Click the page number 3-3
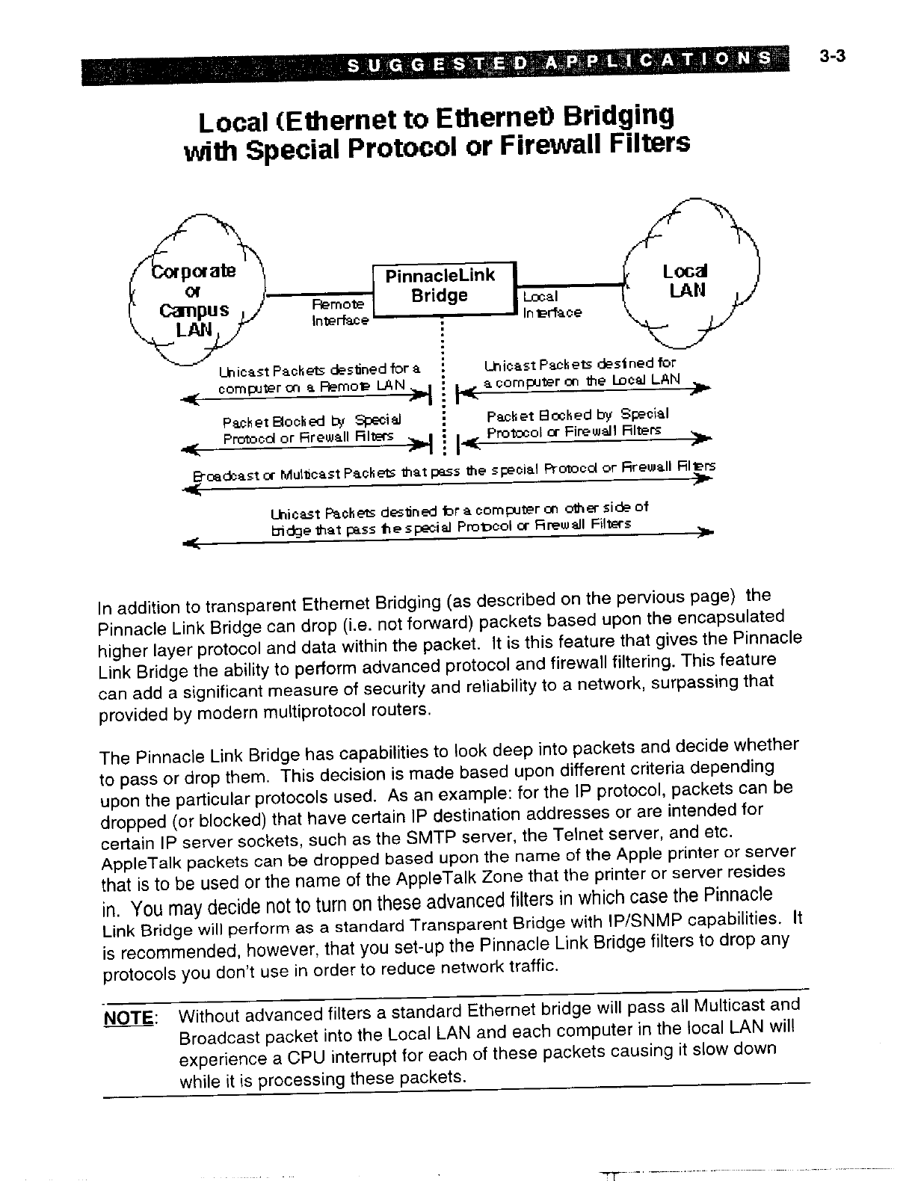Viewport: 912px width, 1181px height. tap(831, 55)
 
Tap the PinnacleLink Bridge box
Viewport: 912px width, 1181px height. tap(440, 288)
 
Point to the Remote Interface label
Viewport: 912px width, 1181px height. tap(340, 312)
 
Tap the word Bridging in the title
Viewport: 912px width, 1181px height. tap(617, 116)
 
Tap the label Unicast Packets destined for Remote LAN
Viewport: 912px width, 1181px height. tap(318, 378)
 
